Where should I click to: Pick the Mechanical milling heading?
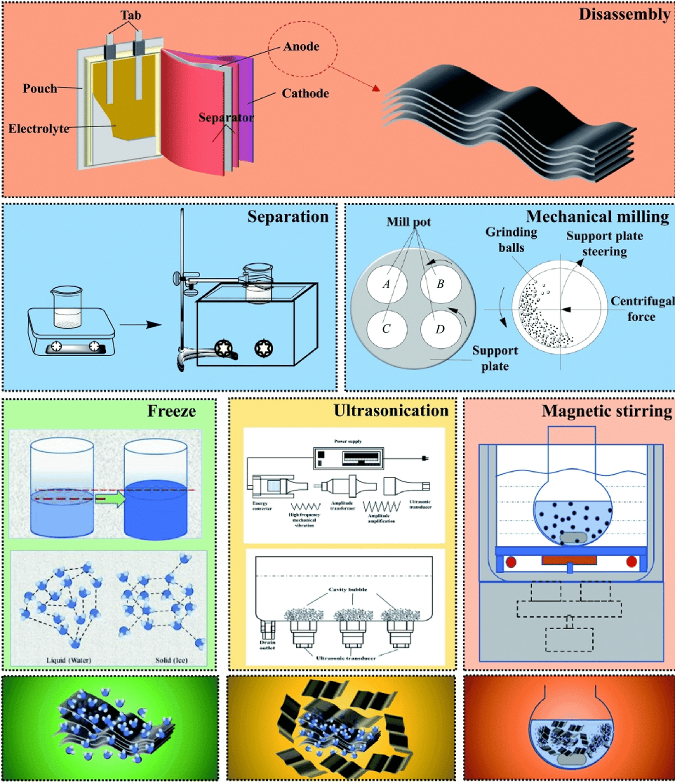595,216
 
